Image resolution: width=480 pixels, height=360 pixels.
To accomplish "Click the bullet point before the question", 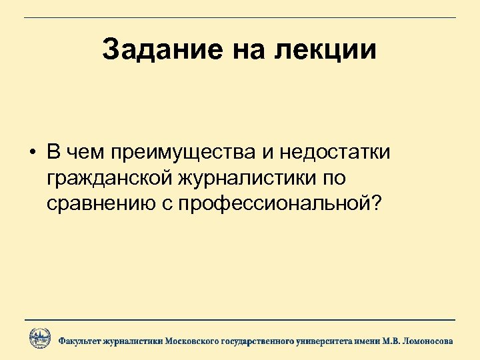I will pyautogui.click(x=32, y=152).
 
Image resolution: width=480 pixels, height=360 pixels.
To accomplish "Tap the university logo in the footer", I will pyautogui.click(x=39, y=339).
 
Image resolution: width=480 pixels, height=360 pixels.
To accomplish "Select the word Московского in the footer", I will pyautogui.click(x=193, y=341).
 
